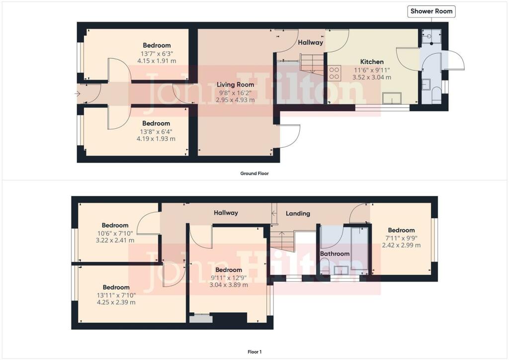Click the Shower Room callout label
[x=431, y=11]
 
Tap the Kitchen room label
[x=372, y=62]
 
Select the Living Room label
[x=235, y=85]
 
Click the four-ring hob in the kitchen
[x=335, y=73]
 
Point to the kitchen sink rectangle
[x=392, y=98]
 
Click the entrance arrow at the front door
[x=77, y=94]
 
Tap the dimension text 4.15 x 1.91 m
[x=157, y=61]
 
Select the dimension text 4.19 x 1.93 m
[x=156, y=139]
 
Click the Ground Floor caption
[x=254, y=174]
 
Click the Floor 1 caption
[x=254, y=352]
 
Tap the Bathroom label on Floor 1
[x=335, y=254]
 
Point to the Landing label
[x=298, y=214]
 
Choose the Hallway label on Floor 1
[x=226, y=213]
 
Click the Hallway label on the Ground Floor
[x=310, y=43]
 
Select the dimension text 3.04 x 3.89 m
[x=229, y=285]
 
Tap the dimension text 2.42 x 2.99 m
[x=401, y=245]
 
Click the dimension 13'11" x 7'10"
[x=116, y=295]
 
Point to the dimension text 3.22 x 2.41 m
[x=115, y=240]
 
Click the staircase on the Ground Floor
[x=312, y=64]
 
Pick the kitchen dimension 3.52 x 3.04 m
[x=372, y=77]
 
